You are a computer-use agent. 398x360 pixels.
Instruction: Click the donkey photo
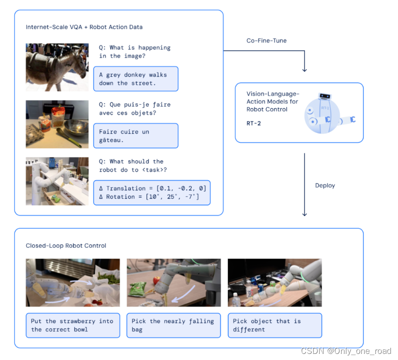point(57,67)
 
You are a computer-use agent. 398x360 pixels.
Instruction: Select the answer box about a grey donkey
point(136,79)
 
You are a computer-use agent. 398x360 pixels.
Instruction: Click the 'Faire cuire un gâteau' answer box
point(136,136)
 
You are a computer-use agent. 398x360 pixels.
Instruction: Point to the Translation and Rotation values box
point(152,192)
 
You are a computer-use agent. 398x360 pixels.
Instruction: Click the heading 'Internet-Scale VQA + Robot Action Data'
point(84,27)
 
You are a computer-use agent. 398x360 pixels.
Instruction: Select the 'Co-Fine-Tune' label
point(266,41)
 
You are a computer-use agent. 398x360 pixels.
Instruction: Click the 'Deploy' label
point(325,185)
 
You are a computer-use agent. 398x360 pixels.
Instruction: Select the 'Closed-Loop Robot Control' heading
point(66,245)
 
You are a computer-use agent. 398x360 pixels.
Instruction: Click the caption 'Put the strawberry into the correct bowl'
point(73,325)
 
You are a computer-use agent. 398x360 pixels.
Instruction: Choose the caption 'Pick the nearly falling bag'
point(173,325)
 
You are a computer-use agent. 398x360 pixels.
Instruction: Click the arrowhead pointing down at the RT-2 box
point(305,69)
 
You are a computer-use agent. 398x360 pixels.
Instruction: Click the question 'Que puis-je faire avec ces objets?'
point(135,108)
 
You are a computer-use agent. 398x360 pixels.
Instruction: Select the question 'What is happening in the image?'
point(135,52)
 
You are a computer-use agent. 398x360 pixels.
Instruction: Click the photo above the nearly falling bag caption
point(173,283)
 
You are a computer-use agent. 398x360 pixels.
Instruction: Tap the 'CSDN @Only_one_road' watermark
point(346,351)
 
